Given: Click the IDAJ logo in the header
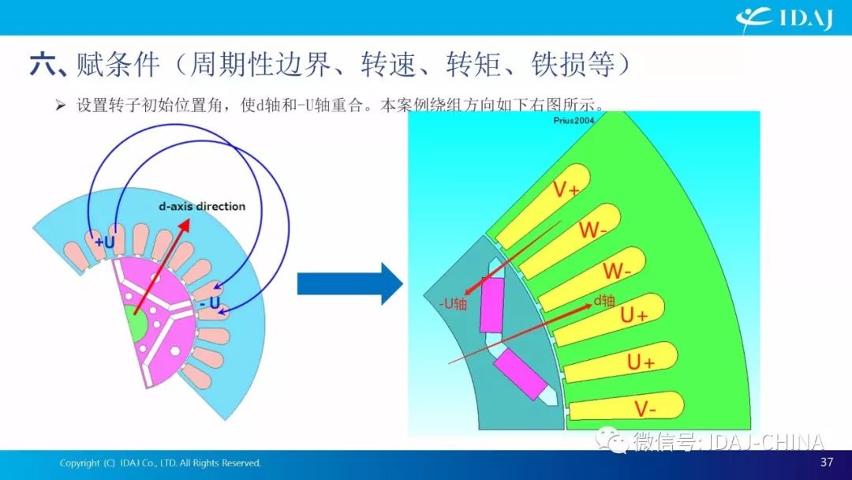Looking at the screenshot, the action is point(785,20).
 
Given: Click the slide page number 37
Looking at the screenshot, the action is point(827,462).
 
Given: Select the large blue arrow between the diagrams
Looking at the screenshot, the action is point(349,283).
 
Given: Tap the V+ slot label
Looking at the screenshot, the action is point(566,189).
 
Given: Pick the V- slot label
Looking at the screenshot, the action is point(645,408).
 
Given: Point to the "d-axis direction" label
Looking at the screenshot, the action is point(202,207).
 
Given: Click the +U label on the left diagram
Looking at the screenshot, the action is point(104,242).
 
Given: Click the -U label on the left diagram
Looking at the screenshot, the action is point(210,303).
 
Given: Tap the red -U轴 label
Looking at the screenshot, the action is point(453,303).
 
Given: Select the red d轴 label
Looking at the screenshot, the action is point(603,300).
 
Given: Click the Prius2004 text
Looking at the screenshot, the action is point(574,120).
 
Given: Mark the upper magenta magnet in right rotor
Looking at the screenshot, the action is point(492,305).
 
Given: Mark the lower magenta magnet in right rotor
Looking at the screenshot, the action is point(520,374).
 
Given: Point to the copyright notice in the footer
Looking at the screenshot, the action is point(160,463).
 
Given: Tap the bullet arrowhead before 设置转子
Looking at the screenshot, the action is point(60,105).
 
